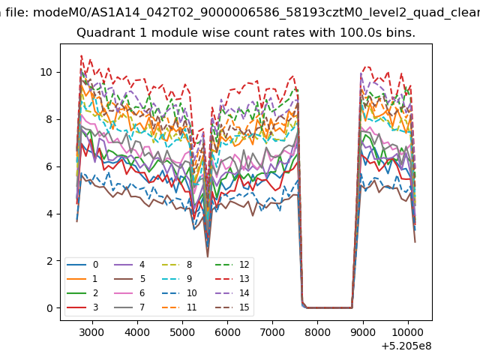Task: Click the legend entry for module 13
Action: point(232,279)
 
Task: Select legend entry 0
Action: point(82,265)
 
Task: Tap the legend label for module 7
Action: point(129,307)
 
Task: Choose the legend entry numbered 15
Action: point(232,307)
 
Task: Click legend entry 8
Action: point(177,265)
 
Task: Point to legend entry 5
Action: point(129,279)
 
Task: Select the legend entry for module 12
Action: point(232,265)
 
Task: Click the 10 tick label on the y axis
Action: point(46,72)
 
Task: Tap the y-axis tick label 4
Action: point(49,214)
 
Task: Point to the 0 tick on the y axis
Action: point(49,308)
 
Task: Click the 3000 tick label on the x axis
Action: point(91,332)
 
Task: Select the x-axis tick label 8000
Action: point(317,332)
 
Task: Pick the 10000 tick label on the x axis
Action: point(408,332)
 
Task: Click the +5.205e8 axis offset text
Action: point(406,346)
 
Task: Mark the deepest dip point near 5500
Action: point(208,256)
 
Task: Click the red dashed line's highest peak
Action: point(81,55)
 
